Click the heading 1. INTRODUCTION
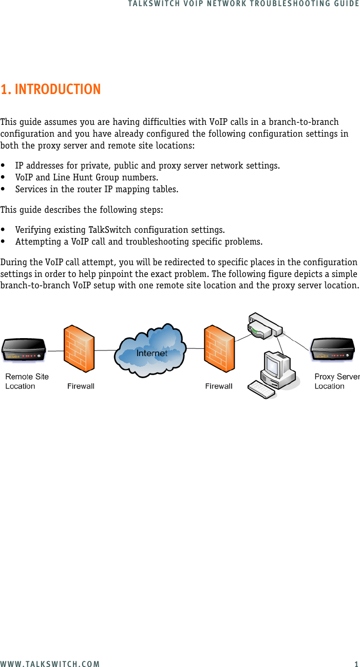pos(51,89)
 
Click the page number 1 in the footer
pos(356,663)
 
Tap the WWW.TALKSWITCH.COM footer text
pos(50,663)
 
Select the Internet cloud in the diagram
pos(152,350)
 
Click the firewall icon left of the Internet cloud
pos(79,349)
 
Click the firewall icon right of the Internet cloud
pos(219,349)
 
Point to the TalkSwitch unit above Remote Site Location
pos(24,350)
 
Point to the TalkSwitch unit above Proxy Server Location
pos(333,350)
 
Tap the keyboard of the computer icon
pos(262,388)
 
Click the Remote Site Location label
pos(27,381)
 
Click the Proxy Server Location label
pos(336,381)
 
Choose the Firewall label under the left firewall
pos(81,386)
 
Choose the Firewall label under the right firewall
pos(219,386)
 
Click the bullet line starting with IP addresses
pos(147,165)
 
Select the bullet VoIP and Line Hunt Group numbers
pos(86,177)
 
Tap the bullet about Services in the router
pos(97,189)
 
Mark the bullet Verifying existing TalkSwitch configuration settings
pos(120,229)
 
